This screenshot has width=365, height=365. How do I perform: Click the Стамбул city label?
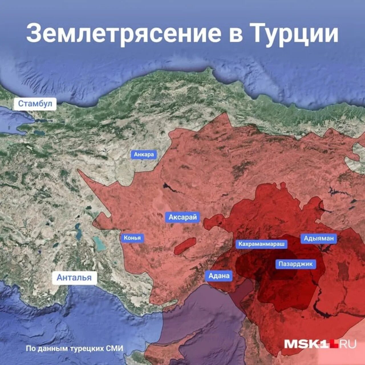pyautogui.click(x=35, y=104)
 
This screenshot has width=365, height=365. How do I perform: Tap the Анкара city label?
pyautogui.click(x=144, y=155)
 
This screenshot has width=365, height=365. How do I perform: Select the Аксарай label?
pyautogui.click(x=182, y=217)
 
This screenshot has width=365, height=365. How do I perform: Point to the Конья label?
pyautogui.click(x=132, y=238)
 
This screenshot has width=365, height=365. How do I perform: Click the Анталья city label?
pyautogui.click(x=74, y=277)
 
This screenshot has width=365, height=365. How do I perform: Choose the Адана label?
pyautogui.click(x=219, y=276)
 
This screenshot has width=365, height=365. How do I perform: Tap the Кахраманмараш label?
pyautogui.click(x=261, y=244)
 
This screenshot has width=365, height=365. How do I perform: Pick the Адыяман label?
pyautogui.click(x=319, y=238)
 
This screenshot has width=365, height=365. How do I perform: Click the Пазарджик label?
pyautogui.click(x=295, y=264)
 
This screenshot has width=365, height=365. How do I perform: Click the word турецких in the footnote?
pyautogui.click(x=87, y=348)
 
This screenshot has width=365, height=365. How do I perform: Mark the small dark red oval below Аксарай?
pyautogui.click(x=185, y=246)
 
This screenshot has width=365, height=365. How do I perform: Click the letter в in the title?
pyautogui.click(x=236, y=33)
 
